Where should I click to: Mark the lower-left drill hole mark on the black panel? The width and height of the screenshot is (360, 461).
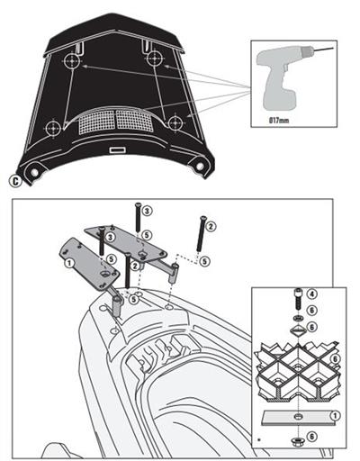coord(55,125)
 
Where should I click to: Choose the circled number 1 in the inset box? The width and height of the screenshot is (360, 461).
coord(334,416)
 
